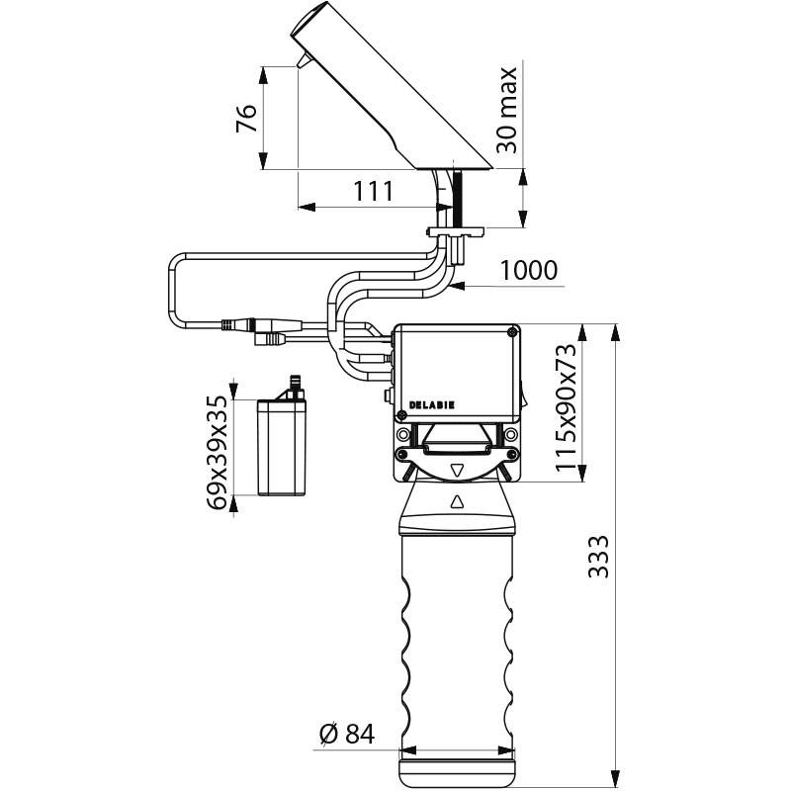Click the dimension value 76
click(x=248, y=119)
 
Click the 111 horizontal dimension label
click(x=375, y=192)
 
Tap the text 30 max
click(x=507, y=109)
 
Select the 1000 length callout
click(x=528, y=270)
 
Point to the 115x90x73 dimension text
click(x=565, y=407)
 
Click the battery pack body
click(x=281, y=447)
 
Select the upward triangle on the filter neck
click(x=457, y=502)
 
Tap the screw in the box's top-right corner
click(x=511, y=332)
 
